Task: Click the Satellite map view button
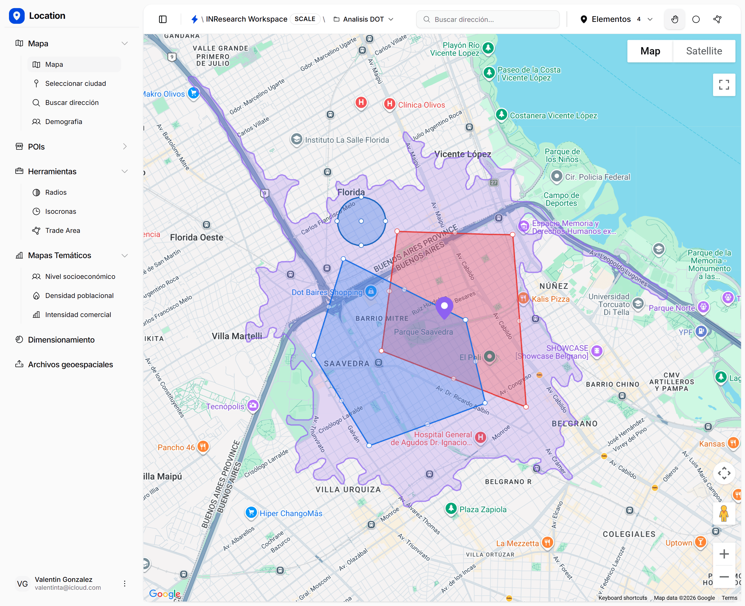[704, 51]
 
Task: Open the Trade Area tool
[63, 230]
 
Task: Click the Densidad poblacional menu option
[79, 295]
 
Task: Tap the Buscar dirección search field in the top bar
[488, 19]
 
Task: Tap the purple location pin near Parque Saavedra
[444, 306]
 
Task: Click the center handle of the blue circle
[361, 221]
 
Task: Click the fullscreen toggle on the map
[724, 84]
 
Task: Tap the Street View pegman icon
[724, 513]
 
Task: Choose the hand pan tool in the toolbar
[675, 19]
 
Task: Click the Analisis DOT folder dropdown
[364, 19]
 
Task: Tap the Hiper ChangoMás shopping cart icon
[251, 512]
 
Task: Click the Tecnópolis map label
[225, 406]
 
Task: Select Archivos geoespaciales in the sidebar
[70, 364]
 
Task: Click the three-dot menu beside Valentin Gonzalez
[124, 583]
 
